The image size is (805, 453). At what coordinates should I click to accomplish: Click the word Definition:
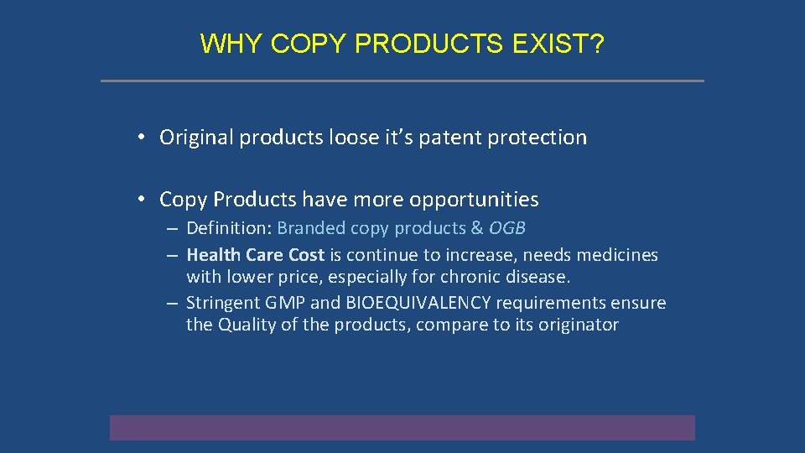pyautogui.click(x=229, y=228)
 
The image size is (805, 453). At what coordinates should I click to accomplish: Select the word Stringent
pyautogui.click(x=221, y=303)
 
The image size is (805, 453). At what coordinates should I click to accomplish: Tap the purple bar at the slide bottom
pyautogui.click(x=402, y=427)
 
